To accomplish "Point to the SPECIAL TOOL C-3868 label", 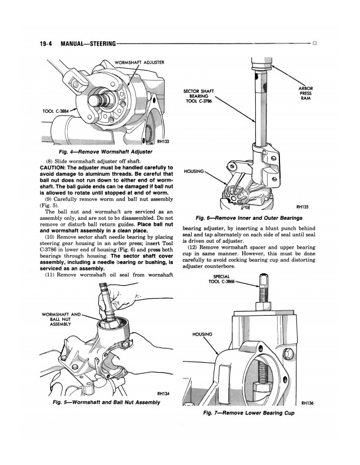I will click(x=221, y=280).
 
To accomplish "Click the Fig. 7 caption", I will click(x=249, y=413).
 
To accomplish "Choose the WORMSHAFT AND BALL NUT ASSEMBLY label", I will click(x=61, y=319).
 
